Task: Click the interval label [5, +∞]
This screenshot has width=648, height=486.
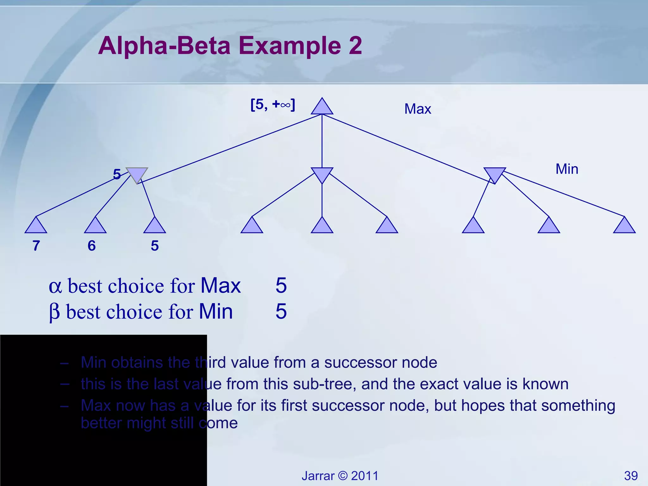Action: tap(272, 104)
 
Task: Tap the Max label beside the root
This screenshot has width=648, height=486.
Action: tap(417, 109)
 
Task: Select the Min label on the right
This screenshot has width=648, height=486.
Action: tap(567, 169)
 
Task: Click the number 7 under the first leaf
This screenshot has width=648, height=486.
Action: tap(36, 246)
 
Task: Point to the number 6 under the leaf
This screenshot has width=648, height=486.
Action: tap(91, 246)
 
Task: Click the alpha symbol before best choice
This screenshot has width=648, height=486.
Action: tap(55, 286)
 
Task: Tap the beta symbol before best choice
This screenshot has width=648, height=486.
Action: tap(54, 312)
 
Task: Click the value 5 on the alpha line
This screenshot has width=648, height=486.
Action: tap(281, 285)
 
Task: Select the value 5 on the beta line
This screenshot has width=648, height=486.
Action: tap(281, 311)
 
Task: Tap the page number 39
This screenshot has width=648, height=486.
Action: tap(631, 476)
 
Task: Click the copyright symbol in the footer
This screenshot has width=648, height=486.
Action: tap(343, 476)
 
